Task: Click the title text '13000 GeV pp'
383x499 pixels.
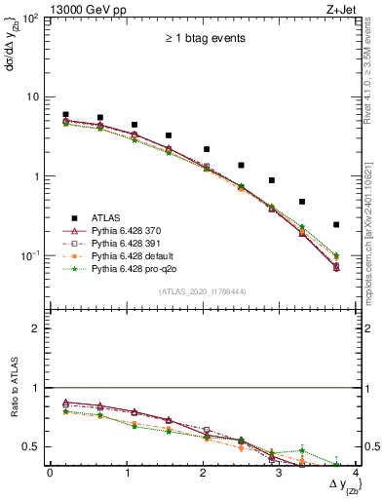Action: pos(82,8)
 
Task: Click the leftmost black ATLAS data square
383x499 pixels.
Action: pos(65,115)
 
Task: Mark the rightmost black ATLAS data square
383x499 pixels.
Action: pos(336,224)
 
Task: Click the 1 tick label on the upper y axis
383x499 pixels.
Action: pos(38,176)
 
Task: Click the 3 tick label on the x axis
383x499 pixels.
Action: pos(279,472)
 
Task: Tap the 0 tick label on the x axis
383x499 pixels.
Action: pos(50,472)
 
